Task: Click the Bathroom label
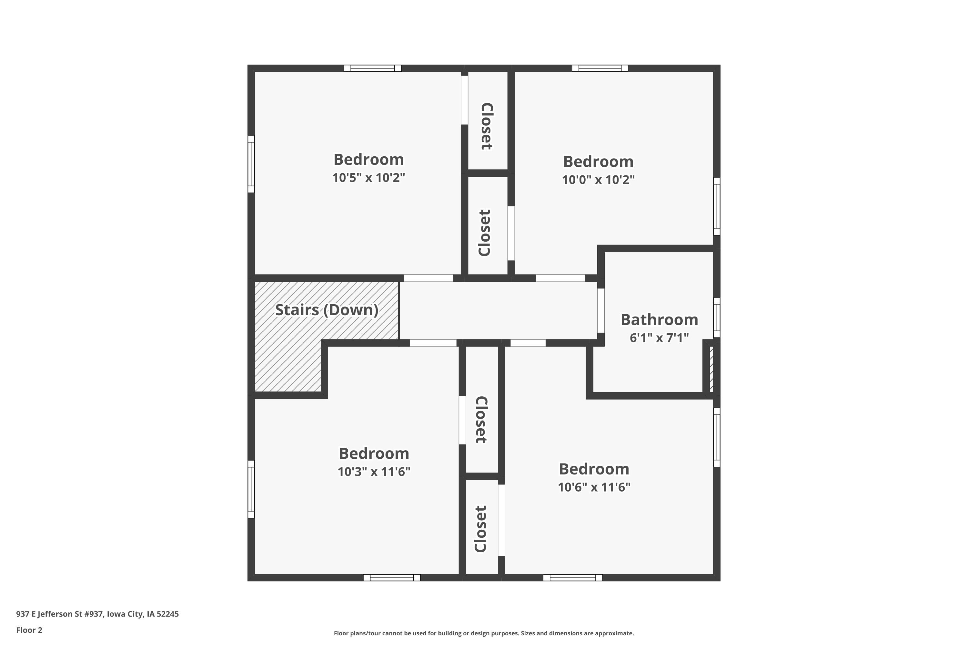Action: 659,320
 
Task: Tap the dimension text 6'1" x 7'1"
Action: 659,338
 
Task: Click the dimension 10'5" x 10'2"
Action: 368,178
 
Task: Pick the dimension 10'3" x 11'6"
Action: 374,472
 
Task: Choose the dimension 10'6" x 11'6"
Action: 594,487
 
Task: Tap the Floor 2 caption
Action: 29,630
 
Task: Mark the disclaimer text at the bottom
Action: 484,633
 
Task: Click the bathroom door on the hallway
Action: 601,311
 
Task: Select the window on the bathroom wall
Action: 717,318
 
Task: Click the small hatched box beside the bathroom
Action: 711,369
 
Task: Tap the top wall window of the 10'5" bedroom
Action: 372,68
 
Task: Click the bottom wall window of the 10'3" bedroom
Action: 392,578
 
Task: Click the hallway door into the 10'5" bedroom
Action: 429,278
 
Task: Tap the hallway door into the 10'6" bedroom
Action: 528,343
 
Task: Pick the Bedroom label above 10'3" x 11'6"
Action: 374,453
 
